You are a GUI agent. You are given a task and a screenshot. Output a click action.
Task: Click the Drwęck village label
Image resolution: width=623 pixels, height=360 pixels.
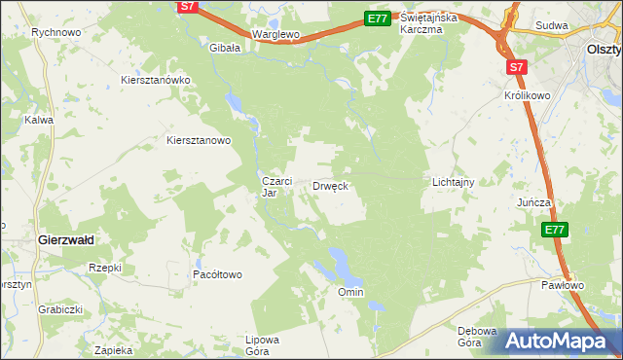point(330,185)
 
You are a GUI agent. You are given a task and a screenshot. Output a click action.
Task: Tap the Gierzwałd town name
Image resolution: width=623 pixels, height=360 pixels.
point(64,238)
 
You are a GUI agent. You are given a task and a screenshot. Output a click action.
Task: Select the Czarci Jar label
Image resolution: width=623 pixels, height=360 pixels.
point(272,187)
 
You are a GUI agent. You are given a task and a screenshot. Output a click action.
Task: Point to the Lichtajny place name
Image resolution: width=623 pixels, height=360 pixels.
point(453,182)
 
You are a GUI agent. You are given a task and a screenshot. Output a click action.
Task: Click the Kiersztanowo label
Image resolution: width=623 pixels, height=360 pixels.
point(199,140)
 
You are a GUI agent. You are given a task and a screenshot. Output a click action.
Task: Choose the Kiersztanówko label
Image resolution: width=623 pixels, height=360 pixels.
point(156,80)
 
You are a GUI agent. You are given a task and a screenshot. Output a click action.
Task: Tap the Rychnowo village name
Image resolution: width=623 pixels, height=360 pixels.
point(55,32)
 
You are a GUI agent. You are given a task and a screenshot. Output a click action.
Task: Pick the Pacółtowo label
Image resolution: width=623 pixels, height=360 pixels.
point(217,275)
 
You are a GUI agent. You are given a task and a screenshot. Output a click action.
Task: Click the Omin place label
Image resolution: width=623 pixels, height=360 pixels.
point(350,292)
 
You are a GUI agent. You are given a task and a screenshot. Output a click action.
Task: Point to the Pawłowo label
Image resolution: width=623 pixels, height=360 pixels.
point(563,285)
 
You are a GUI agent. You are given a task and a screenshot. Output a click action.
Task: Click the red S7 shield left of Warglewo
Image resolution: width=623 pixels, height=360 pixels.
point(189,7)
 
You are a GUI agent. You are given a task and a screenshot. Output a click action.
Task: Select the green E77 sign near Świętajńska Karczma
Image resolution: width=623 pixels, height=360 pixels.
point(378,18)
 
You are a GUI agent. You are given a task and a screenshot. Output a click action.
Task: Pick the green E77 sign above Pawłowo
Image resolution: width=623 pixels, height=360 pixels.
point(554,230)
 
